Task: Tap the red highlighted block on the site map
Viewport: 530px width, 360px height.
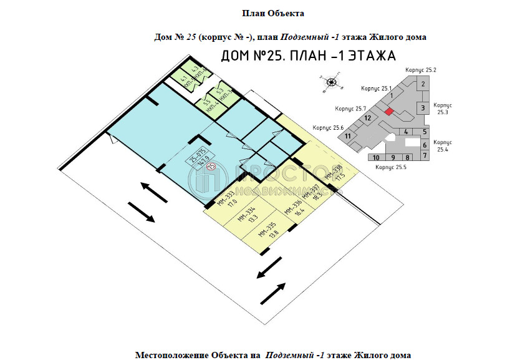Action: point(388,111)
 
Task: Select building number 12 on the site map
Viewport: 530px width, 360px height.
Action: point(369,118)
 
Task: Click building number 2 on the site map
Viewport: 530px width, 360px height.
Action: point(423,84)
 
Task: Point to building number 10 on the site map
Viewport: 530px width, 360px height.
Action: point(376,158)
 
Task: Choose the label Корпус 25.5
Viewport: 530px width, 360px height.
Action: point(390,168)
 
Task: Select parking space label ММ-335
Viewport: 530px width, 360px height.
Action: point(267,230)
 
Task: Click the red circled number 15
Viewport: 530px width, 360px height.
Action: point(211,165)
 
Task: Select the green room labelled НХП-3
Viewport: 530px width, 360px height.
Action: point(223,94)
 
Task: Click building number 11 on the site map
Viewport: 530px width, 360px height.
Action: point(349,136)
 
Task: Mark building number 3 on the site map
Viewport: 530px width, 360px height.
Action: point(423,109)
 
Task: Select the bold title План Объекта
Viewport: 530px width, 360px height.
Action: point(272,12)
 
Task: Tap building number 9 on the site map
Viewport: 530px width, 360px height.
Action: point(393,158)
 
